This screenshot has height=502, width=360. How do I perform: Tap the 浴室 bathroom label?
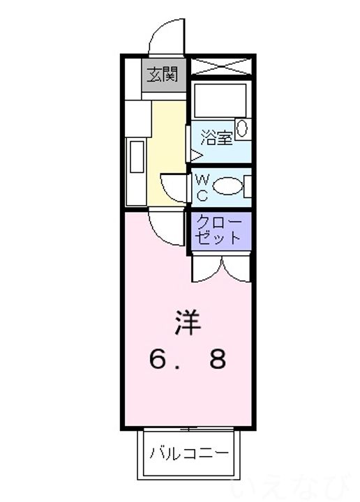(x=216, y=138)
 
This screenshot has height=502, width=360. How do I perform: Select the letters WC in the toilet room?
(x=202, y=187)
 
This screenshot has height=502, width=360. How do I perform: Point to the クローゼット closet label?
(x=218, y=230)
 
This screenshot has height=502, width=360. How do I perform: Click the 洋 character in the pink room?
(x=188, y=322)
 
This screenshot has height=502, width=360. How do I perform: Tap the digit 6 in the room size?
(x=158, y=358)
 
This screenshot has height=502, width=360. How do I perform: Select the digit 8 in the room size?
(x=218, y=358)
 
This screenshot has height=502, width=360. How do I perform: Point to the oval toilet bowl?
(x=227, y=186)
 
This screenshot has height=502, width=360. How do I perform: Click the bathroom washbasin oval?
(x=242, y=128)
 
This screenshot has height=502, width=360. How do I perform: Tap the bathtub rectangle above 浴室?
(x=220, y=100)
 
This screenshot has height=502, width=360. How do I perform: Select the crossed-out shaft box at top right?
(x=220, y=67)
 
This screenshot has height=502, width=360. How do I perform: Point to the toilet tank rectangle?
(x=247, y=186)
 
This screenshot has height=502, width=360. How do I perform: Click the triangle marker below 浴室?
(x=196, y=156)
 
